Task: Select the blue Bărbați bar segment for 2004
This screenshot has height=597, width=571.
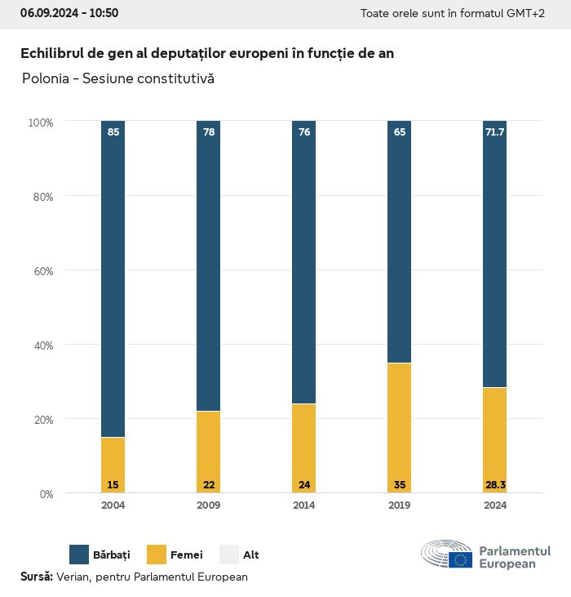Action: (113, 278)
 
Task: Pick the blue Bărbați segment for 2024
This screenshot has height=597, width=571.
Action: (494, 253)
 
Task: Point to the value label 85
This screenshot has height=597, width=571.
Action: (113, 131)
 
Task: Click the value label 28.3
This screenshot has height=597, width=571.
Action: (494, 485)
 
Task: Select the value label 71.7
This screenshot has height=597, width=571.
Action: (494, 131)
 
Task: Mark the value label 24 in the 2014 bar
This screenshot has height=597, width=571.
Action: (303, 485)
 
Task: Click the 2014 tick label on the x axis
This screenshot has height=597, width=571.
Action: (303, 506)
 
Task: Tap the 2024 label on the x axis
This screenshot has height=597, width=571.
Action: (494, 506)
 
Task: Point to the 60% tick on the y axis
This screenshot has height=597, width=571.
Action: (41, 271)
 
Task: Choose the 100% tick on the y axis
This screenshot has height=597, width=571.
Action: (40, 123)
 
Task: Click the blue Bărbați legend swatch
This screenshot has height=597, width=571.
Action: (79, 555)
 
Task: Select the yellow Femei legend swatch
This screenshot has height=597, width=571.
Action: (157, 555)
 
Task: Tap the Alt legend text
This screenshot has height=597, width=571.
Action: (251, 555)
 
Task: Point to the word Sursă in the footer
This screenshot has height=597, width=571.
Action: (37, 577)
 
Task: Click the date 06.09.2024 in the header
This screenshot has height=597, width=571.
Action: (48, 13)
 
